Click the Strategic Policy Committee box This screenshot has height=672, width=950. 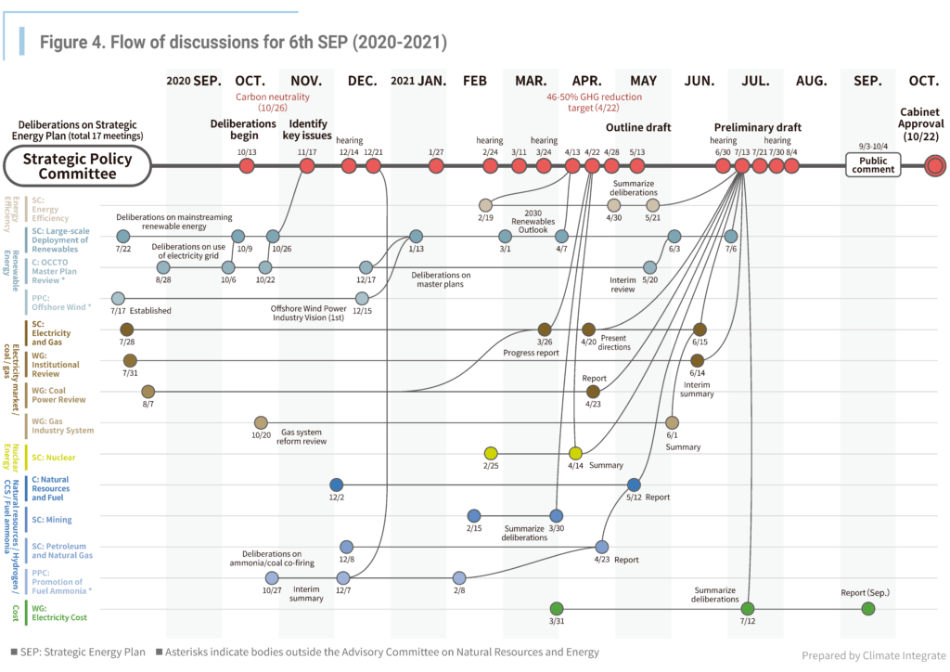point(78,166)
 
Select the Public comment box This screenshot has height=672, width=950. point(872,165)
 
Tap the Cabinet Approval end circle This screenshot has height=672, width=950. point(935,166)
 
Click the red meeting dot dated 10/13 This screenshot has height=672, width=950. point(247,166)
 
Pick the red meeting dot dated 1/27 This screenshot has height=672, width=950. point(436,166)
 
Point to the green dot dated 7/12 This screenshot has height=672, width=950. point(748,609)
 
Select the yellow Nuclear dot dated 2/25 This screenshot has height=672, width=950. point(491,453)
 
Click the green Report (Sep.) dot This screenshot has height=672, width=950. point(867,609)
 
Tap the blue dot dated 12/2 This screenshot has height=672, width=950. point(336,485)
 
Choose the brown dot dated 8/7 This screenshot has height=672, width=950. point(148,392)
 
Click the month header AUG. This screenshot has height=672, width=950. point(811,81)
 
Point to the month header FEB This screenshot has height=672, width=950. point(474,81)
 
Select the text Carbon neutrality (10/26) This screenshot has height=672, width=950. point(272,102)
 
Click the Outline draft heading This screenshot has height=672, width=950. point(638,127)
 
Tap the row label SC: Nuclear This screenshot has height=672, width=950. point(54,458)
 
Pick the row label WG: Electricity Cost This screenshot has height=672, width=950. point(60,613)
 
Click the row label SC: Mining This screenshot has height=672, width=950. point(52,520)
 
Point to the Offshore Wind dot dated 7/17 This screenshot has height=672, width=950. point(118,298)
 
